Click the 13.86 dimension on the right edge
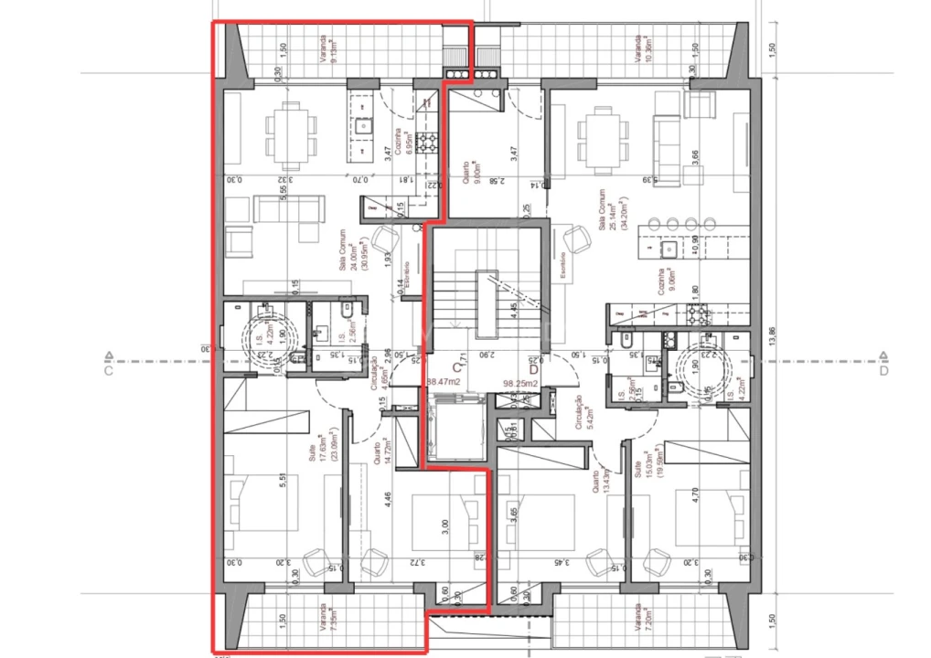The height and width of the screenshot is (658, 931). pos(772,339)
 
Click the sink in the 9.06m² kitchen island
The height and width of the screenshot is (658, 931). pos(666,248)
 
